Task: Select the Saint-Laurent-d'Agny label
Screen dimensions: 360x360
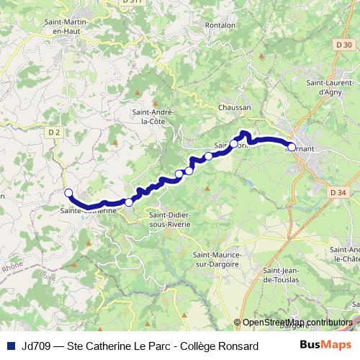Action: coord(329,87)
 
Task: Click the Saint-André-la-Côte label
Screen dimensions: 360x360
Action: coord(150,117)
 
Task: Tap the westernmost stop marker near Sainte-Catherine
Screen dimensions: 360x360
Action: coord(69,193)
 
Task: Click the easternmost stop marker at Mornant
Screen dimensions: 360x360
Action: coord(291,147)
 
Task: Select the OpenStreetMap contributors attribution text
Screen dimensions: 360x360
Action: coord(297,322)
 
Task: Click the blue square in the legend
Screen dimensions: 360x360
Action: coord(10,346)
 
